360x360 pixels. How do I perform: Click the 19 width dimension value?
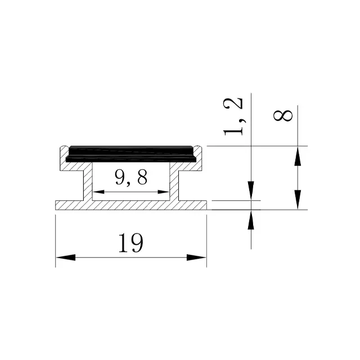131,243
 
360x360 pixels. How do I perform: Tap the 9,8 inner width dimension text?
131,178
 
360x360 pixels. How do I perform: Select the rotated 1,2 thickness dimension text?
233,116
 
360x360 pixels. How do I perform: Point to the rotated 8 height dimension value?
283,115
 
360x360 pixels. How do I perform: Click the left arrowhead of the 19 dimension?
65,258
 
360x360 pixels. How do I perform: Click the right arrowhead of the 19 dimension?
196,258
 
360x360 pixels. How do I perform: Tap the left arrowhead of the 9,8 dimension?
98,192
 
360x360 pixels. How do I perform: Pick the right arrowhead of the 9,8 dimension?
164,192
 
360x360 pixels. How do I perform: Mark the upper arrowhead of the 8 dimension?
298,156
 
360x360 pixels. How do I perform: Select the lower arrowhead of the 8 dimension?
298,200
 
